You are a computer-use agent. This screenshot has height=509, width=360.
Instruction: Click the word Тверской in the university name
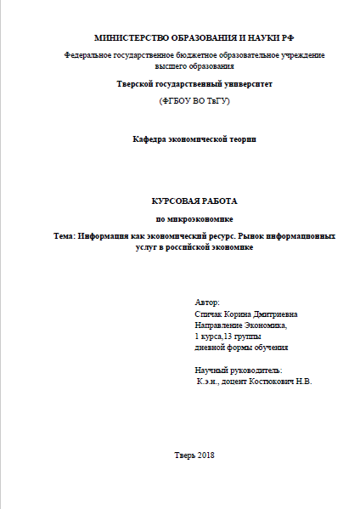pyautogui.click(x=137, y=85)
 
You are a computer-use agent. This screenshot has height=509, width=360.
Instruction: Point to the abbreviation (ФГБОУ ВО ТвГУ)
pyautogui.click(x=194, y=101)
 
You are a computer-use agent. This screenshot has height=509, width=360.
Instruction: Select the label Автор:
pyautogui.click(x=206, y=302)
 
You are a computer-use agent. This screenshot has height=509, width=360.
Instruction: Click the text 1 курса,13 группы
pyautogui.click(x=228, y=336)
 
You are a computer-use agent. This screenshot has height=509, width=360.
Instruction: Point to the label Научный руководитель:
pyautogui.click(x=239, y=370)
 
